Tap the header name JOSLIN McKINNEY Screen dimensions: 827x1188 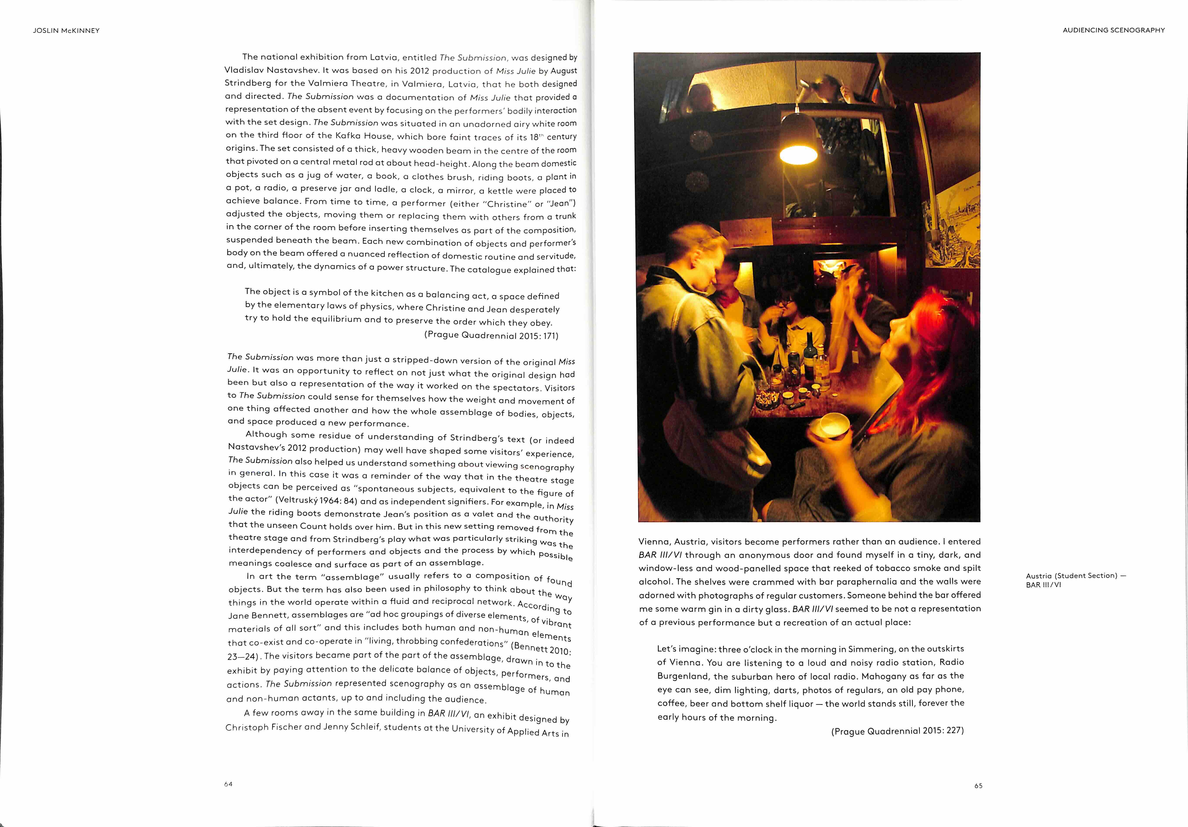66,30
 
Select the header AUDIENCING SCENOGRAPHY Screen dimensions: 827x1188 1114,30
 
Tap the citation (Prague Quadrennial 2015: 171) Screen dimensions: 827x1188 491,335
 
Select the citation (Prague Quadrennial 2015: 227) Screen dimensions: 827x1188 897,730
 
